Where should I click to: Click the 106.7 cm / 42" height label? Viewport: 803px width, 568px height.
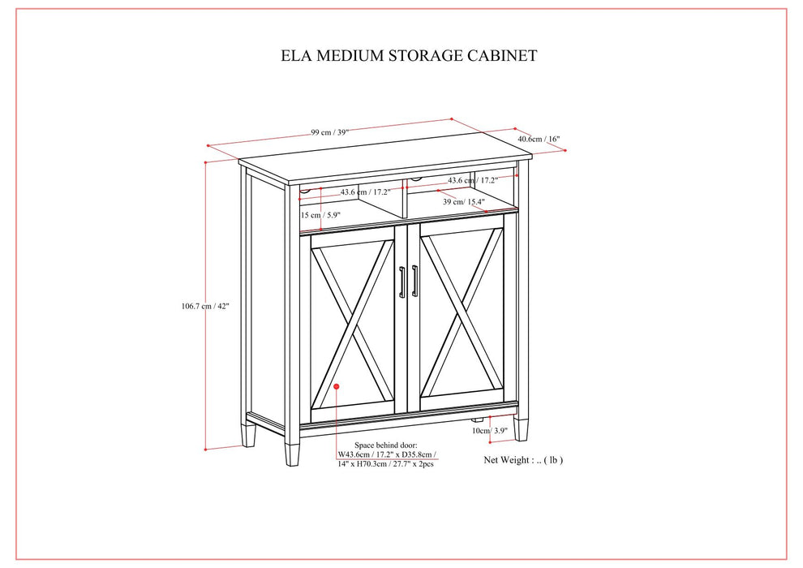coord(206,306)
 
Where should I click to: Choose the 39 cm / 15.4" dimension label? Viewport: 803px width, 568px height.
coord(463,202)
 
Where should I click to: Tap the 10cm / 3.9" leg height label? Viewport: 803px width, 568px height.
coord(489,430)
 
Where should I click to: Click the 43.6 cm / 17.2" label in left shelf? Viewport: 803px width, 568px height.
coord(365,192)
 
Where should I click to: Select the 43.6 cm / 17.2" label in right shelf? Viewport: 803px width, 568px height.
coord(474,180)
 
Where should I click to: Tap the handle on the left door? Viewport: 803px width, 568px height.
coord(401,282)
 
